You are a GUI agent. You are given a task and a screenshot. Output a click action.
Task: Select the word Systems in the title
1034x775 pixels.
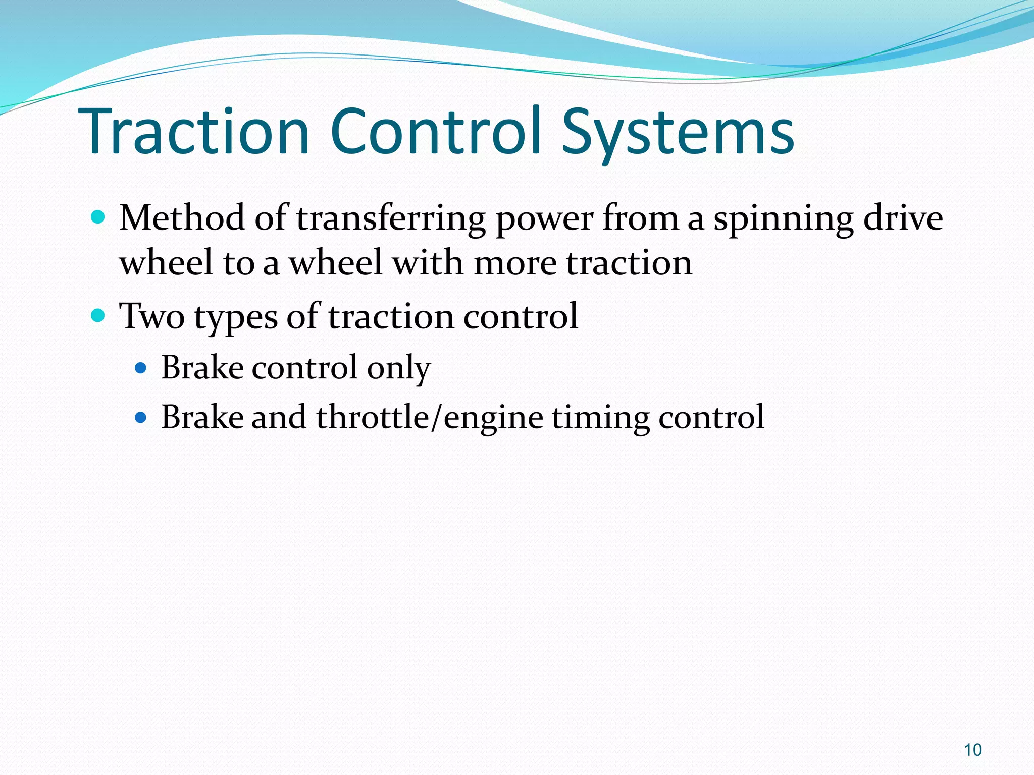tap(678, 132)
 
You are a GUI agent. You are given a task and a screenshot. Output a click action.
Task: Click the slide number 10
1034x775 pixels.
tap(972, 750)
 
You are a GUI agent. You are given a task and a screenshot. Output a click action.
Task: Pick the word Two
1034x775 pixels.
tap(152, 316)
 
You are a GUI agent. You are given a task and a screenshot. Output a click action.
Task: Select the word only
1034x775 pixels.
tap(398, 368)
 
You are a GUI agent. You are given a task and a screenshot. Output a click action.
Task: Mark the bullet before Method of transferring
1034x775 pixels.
tap(98, 217)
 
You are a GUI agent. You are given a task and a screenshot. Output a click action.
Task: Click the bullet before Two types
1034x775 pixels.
tap(98, 316)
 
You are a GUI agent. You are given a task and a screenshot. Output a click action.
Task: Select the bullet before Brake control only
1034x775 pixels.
tap(141, 368)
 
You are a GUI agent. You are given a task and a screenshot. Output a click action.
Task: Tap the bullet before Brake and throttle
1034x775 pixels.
tap(141, 418)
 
